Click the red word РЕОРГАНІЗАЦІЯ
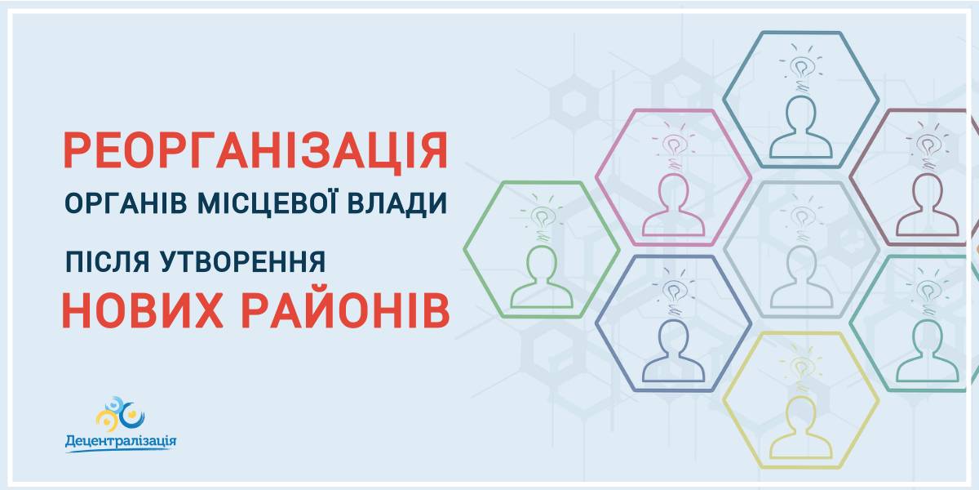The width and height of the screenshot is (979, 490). coord(255,151)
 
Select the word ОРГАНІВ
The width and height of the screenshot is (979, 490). coord(126,203)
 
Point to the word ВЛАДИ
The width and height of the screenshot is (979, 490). coord(397,204)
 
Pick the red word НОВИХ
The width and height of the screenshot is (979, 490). coord(143,310)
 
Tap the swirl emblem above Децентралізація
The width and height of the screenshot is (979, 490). coord(120,414)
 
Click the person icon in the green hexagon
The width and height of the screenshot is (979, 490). coord(542,277)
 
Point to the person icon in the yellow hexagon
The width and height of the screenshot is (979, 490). coord(800,427)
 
